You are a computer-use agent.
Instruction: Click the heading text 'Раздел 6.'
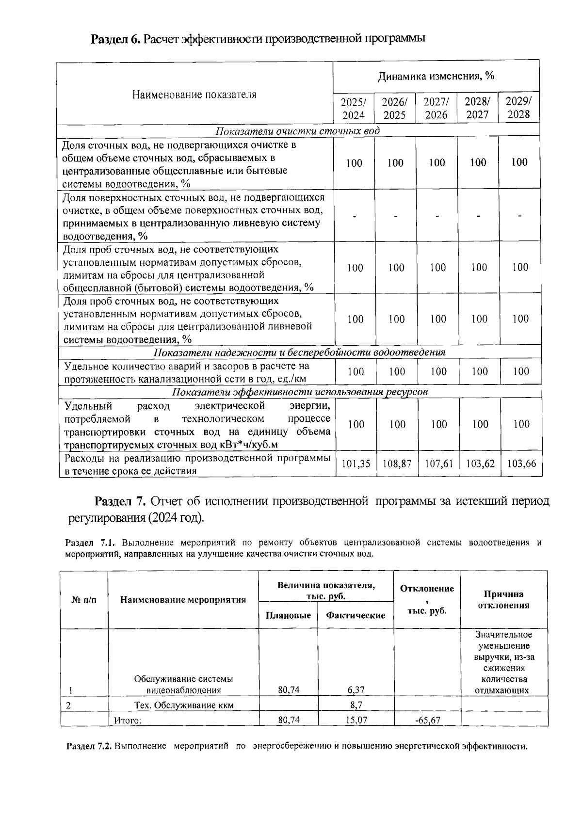click(x=115, y=39)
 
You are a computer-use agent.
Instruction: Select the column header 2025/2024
click(x=354, y=109)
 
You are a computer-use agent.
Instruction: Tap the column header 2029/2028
click(x=519, y=108)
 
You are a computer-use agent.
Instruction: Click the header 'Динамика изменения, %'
click(x=436, y=76)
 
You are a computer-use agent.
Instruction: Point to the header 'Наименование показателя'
click(x=194, y=95)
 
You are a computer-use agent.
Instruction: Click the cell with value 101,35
click(x=356, y=464)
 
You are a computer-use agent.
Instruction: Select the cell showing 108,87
click(x=397, y=464)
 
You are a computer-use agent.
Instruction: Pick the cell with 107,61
click(x=438, y=464)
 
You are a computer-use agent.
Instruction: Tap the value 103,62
click(x=480, y=464)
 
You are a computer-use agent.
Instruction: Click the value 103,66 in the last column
click(x=521, y=464)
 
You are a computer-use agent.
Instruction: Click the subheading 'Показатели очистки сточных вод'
click(x=297, y=131)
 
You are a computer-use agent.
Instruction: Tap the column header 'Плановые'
click(x=288, y=615)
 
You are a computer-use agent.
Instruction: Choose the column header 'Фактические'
click(x=356, y=615)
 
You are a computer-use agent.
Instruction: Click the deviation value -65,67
click(x=428, y=720)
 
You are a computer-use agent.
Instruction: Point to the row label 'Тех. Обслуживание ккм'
click(x=183, y=705)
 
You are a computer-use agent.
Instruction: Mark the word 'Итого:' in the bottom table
click(x=128, y=721)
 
